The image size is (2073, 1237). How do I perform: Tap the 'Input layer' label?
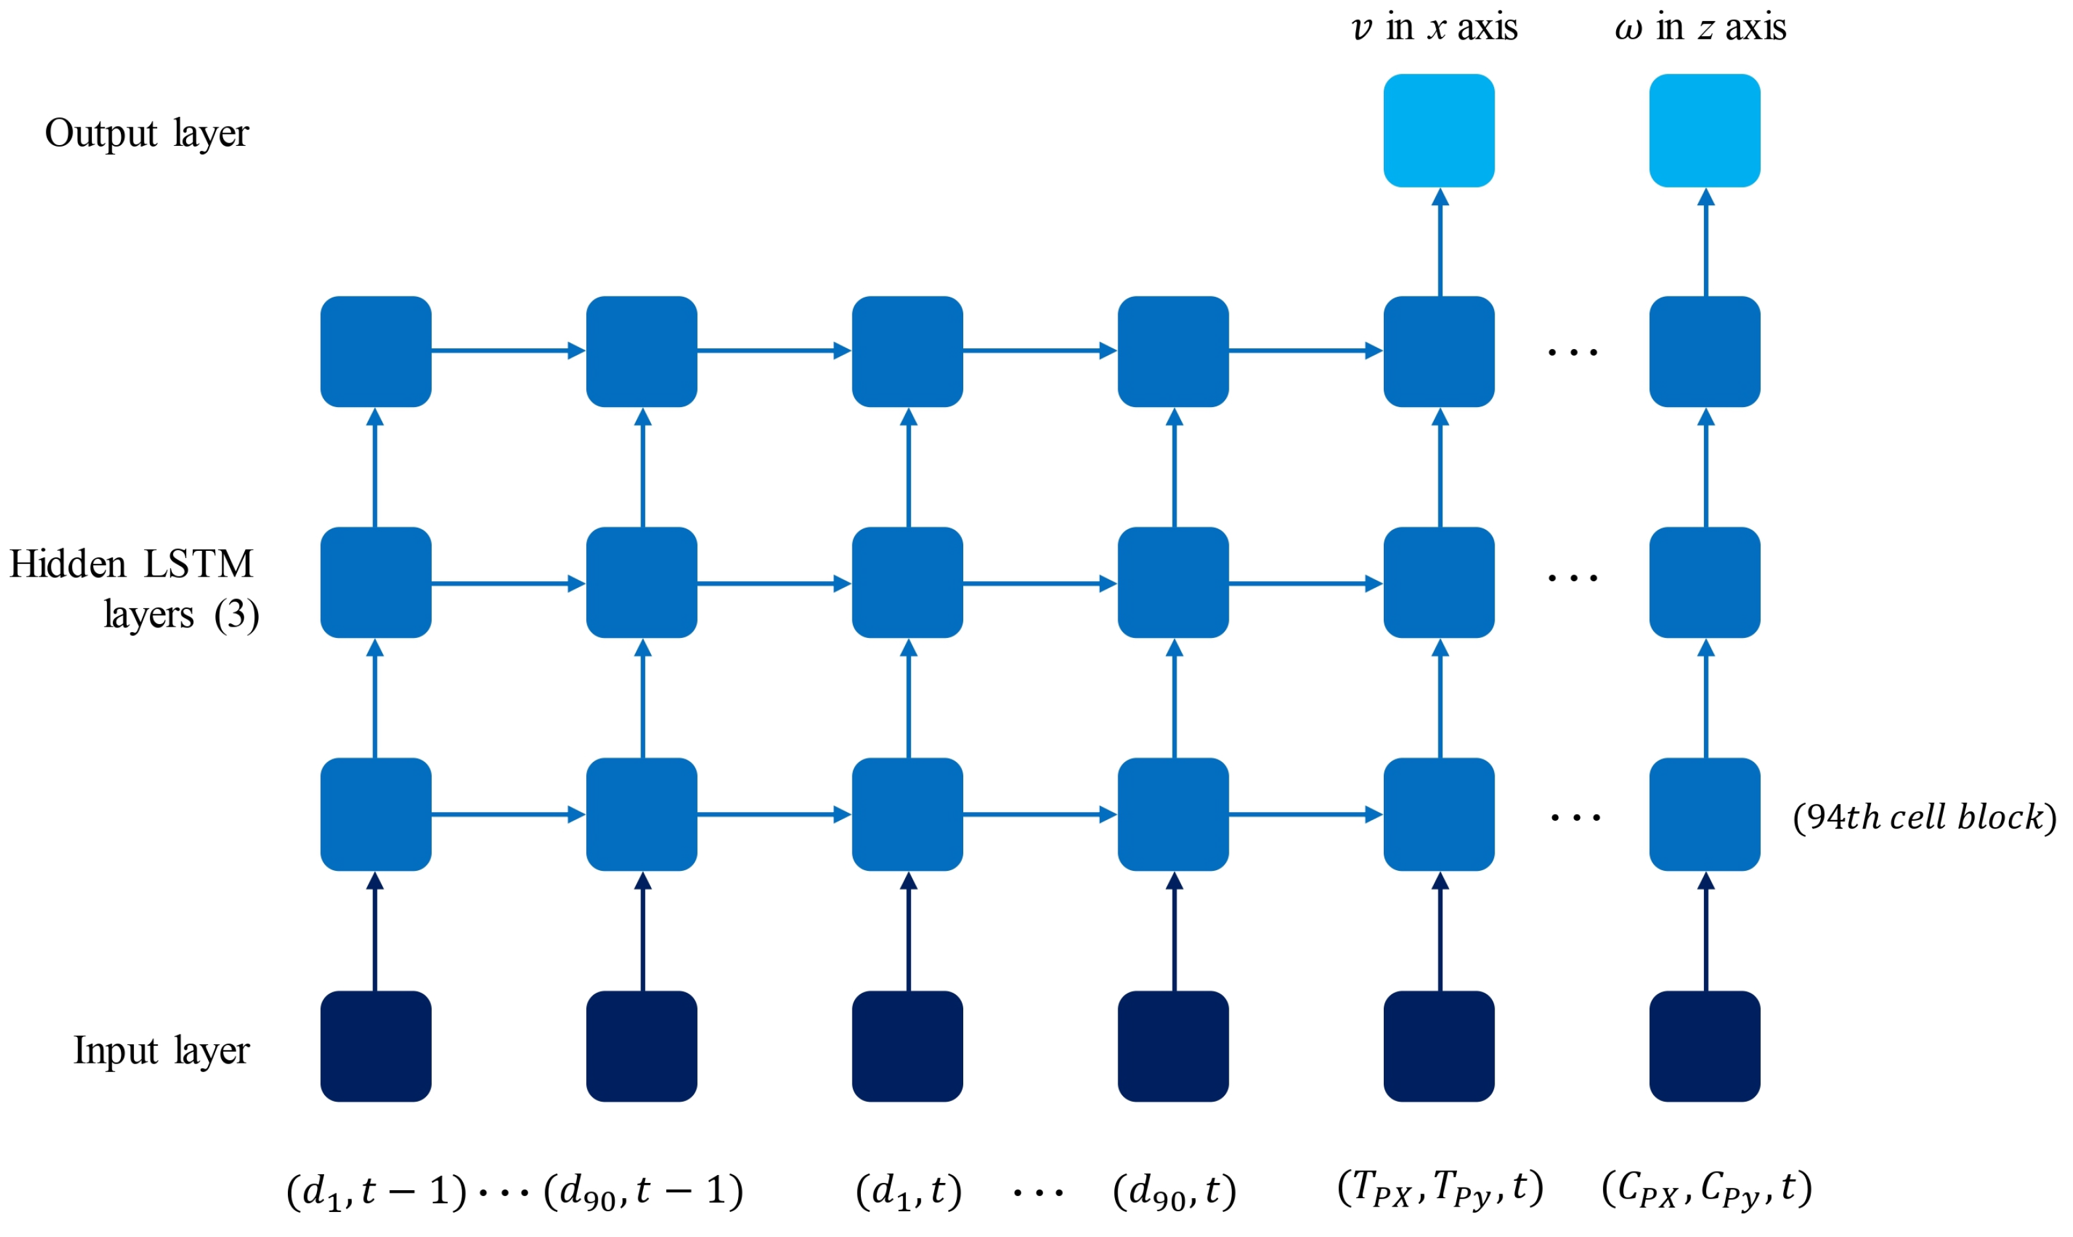click(x=161, y=1050)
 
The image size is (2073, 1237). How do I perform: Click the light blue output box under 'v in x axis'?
click(x=1439, y=131)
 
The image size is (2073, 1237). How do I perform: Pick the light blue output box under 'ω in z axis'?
click(x=1705, y=131)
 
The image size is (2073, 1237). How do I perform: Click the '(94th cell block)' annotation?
click(x=1924, y=817)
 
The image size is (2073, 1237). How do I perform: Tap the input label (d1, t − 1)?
click(x=376, y=1191)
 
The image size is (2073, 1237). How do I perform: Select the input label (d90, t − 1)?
click(x=643, y=1191)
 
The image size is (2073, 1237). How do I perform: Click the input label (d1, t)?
click(x=908, y=1191)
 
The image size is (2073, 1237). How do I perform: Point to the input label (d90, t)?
click(x=1174, y=1191)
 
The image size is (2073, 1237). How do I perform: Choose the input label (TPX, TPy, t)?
click(x=1440, y=1189)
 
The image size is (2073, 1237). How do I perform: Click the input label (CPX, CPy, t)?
click(x=1706, y=1189)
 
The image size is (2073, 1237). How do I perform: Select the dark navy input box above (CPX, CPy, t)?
click(x=1705, y=1046)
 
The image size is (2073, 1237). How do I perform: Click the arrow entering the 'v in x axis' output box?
click(x=1440, y=241)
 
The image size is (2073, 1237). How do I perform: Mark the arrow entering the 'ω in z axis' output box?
click(x=1706, y=241)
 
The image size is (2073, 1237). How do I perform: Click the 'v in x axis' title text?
click(x=1434, y=28)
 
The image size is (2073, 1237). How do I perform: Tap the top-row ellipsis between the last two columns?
click(x=1572, y=352)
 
